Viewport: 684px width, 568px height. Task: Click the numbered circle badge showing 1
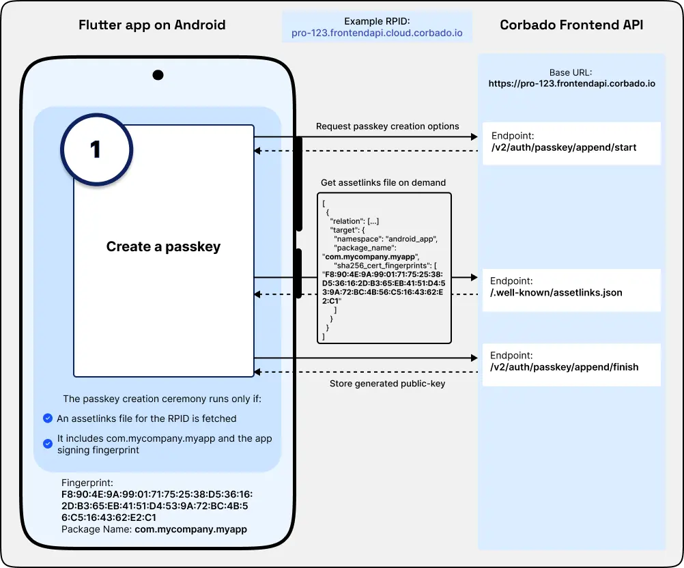point(96,150)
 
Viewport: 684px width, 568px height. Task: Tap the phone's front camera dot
point(158,75)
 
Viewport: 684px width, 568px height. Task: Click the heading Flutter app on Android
point(152,25)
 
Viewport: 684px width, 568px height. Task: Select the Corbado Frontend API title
point(571,25)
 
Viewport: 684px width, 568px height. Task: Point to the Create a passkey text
point(163,246)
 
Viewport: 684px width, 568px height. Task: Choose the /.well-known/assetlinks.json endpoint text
point(556,293)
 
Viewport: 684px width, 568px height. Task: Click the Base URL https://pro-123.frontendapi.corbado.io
point(571,84)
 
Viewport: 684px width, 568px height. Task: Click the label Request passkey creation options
point(387,126)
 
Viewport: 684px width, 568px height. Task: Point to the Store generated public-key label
point(387,384)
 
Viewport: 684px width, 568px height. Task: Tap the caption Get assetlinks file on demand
point(383,183)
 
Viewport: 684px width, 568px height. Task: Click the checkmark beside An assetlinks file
point(47,418)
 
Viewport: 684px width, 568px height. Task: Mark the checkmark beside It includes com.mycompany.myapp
point(47,444)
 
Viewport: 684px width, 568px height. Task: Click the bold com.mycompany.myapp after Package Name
point(190,529)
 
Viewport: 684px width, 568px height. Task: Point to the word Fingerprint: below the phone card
point(87,483)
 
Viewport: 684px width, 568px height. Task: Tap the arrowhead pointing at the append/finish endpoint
point(473,358)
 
